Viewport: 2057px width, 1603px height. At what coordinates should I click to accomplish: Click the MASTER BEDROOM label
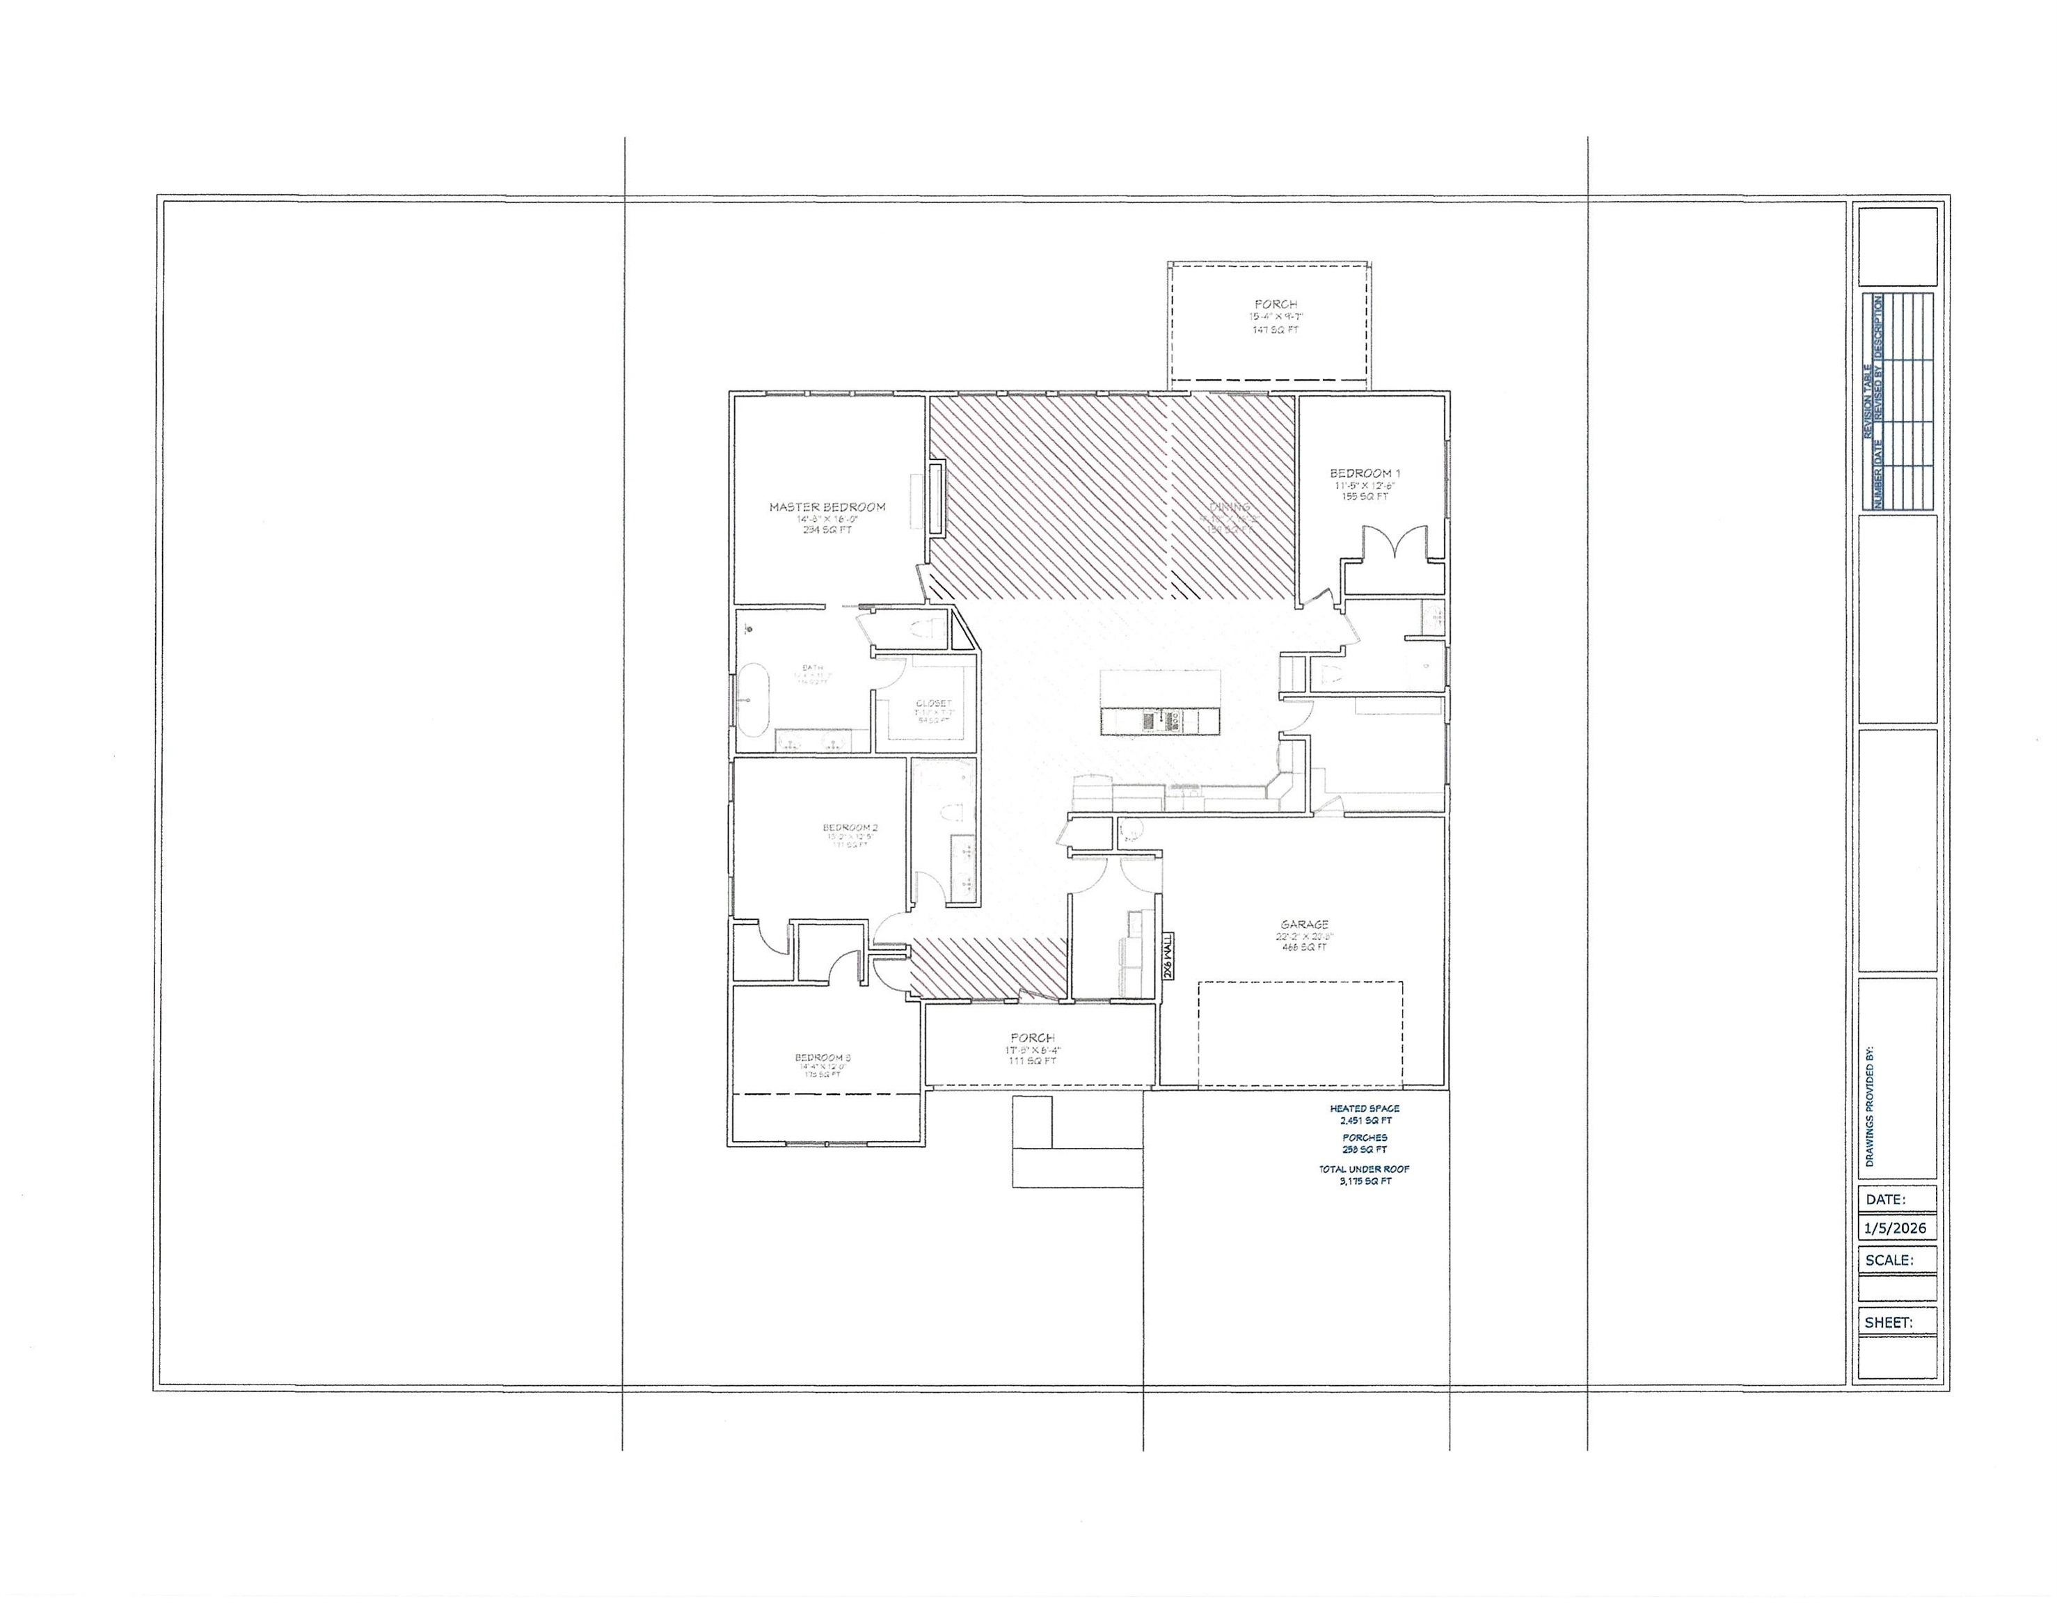827,507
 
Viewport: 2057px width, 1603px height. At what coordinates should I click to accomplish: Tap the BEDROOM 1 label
1365,473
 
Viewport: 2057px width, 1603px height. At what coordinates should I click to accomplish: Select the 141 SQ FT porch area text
1276,330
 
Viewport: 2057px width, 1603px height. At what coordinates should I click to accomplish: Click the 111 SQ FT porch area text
1032,1060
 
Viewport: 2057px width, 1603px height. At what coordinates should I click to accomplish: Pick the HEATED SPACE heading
1364,1108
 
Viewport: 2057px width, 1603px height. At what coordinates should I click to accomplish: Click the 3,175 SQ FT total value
1365,1181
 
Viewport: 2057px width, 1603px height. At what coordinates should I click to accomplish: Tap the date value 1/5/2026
1895,1228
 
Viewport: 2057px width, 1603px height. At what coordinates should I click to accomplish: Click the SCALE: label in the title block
1889,1260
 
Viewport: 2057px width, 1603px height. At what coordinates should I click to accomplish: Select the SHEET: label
1889,1323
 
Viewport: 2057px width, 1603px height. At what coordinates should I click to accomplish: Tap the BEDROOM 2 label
850,828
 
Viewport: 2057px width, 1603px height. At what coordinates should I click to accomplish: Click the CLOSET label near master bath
933,703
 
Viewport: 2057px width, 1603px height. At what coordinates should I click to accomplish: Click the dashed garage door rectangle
1300,1033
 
